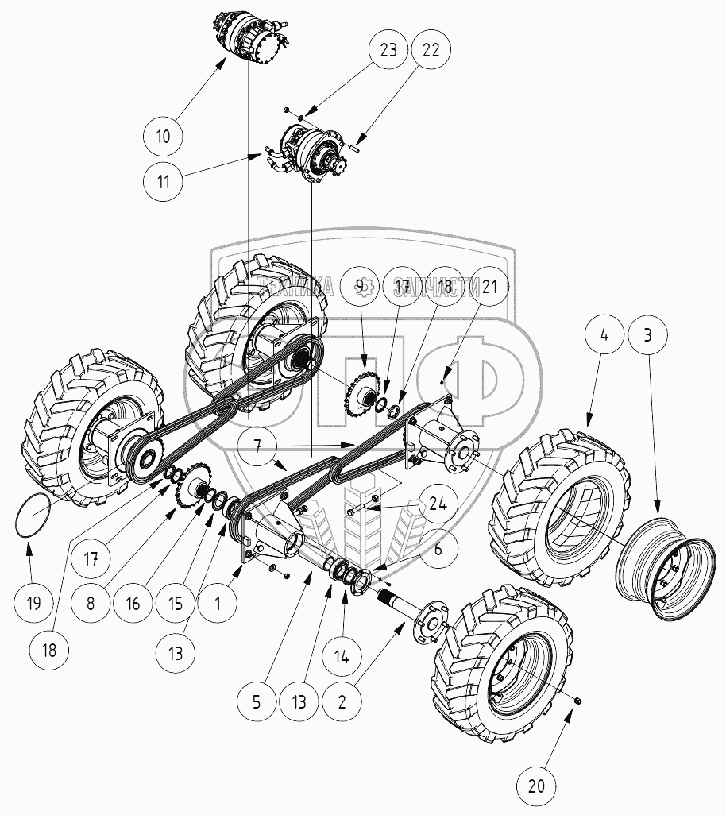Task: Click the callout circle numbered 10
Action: (x=163, y=137)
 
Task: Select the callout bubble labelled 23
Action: (x=388, y=50)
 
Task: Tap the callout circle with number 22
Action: (x=431, y=50)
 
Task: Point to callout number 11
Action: (x=164, y=180)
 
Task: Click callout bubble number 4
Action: (x=605, y=336)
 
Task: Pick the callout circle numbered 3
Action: (x=648, y=336)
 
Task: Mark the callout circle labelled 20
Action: (x=538, y=786)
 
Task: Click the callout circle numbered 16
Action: (x=132, y=603)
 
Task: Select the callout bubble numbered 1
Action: (x=218, y=603)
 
